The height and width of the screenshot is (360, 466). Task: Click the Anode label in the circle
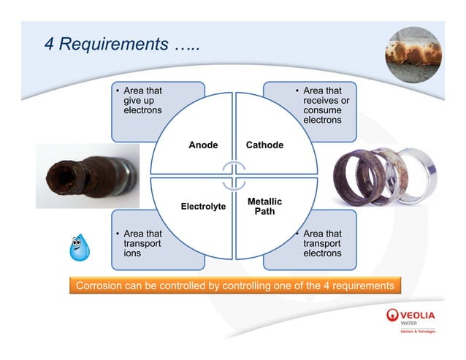203,145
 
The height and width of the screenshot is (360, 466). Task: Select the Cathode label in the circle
264,145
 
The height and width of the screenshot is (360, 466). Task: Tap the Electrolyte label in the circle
203,207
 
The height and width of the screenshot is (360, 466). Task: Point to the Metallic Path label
264,206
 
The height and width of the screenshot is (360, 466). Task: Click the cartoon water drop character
79,248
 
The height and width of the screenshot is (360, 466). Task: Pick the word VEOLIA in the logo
419,315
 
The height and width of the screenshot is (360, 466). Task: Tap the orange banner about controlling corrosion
235,286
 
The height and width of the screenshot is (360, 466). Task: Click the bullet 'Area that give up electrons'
142,101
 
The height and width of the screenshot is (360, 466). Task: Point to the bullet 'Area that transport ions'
142,243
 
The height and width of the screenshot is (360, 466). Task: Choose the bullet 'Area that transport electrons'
321,243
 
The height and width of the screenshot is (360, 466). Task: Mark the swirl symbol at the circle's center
234,176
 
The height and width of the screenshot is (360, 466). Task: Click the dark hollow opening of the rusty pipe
59,175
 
